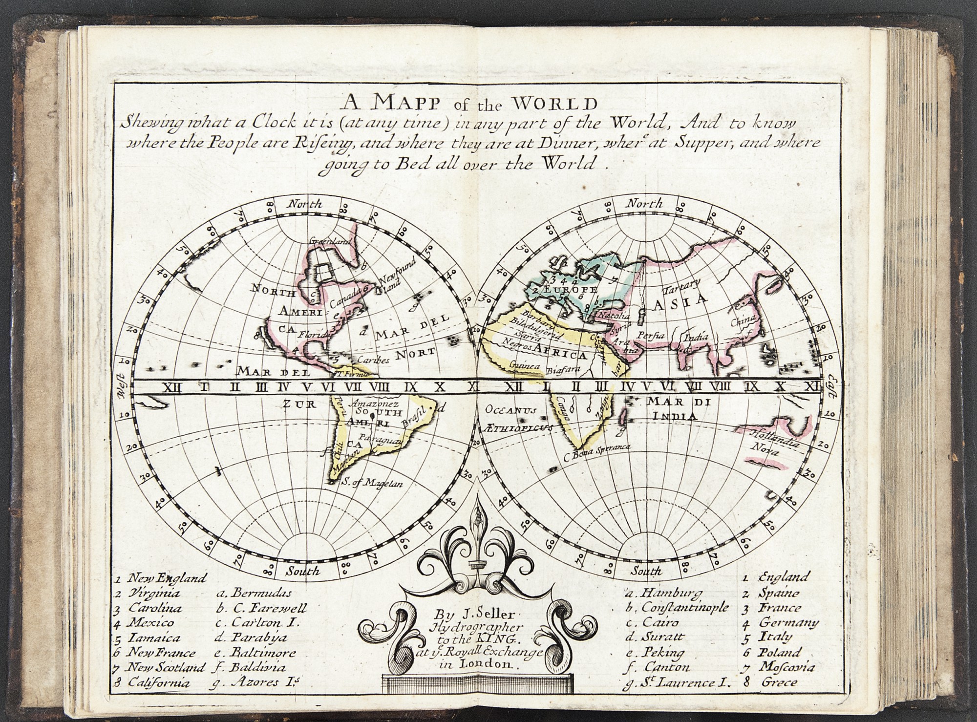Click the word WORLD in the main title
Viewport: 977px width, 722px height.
coord(551,104)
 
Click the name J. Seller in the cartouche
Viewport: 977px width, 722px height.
coord(465,614)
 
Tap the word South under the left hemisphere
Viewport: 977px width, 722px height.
coord(303,570)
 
